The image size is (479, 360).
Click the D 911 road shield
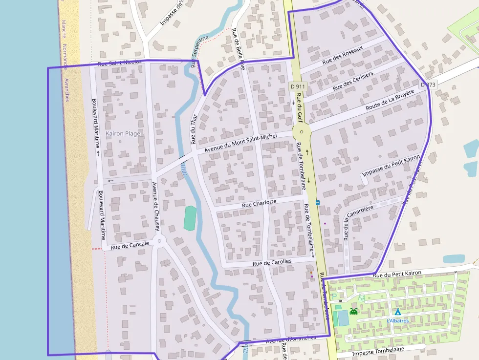point(297,86)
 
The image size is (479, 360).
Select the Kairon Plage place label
point(123,133)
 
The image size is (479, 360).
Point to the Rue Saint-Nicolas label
point(120,63)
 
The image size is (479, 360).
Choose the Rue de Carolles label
point(272,262)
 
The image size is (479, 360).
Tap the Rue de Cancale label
point(130,245)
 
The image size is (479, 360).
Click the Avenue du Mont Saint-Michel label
point(240,143)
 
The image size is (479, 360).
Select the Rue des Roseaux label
point(343,56)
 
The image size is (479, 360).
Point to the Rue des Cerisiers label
point(353,81)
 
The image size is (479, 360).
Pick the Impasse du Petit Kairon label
point(391,166)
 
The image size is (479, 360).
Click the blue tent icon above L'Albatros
point(397,311)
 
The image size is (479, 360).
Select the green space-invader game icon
point(353,311)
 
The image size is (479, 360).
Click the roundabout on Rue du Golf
point(302,132)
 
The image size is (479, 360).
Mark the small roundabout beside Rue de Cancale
point(159,241)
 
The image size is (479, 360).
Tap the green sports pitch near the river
point(190,218)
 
